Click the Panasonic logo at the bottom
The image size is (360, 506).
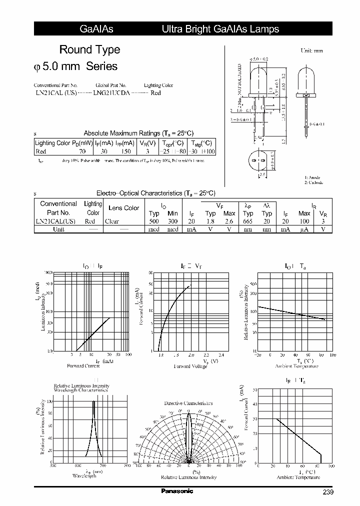[177, 491]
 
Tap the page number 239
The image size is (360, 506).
[327, 492]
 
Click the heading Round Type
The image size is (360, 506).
[89, 49]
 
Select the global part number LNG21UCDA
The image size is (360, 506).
[111, 93]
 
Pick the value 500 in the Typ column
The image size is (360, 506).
[154, 221]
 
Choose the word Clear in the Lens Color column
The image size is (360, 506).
[112, 221]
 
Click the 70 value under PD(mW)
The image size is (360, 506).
[82, 151]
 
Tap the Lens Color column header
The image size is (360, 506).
[123, 208]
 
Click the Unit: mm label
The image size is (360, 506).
[311, 51]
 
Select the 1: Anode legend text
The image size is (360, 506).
[312, 177]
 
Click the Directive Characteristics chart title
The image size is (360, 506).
[188, 403]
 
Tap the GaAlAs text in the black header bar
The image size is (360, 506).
[96, 29]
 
